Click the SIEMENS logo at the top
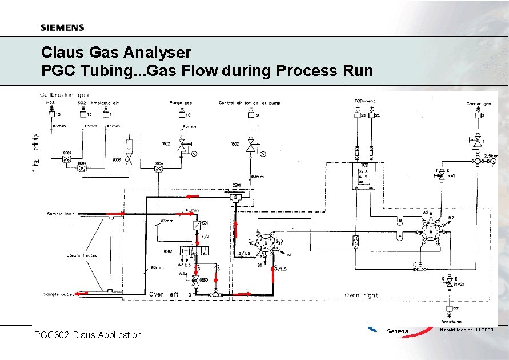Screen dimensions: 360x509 click(x=62, y=27)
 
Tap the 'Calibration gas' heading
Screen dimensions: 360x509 click(x=64, y=94)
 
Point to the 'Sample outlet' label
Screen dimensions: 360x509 click(x=58, y=294)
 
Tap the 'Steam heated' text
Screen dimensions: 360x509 click(x=82, y=255)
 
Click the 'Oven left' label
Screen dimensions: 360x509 click(x=164, y=294)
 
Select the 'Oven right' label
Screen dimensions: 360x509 click(x=361, y=295)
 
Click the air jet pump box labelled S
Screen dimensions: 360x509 click(x=235, y=198)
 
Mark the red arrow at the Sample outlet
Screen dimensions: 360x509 click(x=81, y=293)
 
